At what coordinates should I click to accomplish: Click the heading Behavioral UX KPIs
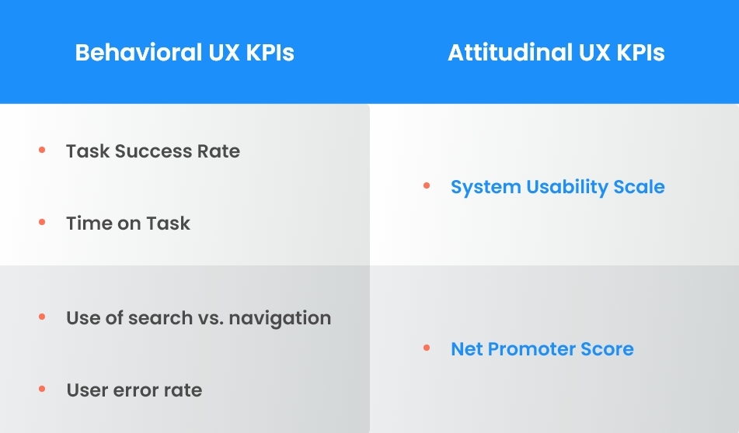[184, 53]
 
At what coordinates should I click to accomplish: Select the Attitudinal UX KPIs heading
[556, 53]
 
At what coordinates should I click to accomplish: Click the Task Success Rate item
[153, 151]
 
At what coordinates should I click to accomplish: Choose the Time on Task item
[128, 223]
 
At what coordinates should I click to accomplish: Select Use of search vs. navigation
[198, 317]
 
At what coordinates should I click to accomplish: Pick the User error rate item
[134, 390]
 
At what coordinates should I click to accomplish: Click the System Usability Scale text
[557, 187]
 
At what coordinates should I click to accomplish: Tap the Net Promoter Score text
[542, 348]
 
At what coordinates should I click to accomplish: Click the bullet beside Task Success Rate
[42, 150]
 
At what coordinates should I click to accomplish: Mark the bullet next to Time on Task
[42, 223]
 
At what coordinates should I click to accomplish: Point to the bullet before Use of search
[42, 317]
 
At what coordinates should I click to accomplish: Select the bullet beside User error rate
[42, 389]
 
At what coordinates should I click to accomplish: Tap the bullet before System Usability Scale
[427, 186]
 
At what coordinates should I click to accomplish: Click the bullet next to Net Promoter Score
[427, 348]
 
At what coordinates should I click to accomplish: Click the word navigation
[281, 317]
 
